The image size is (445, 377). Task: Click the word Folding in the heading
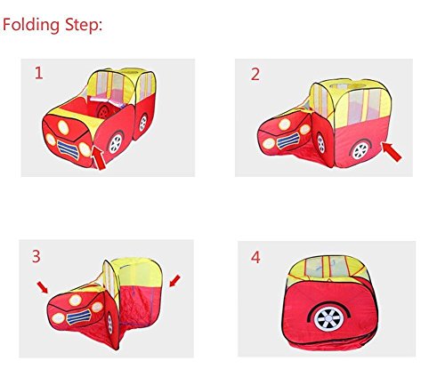[x=31, y=26]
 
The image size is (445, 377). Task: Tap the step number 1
[x=39, y=73]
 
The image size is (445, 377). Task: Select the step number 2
[x=255, y=74]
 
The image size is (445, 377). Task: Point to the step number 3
[x=36, y=256]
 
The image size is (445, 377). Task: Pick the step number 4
[x=255, y=257]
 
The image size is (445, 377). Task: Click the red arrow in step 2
[x=392, y=151]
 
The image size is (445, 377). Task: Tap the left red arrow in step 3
[x=43, y=287]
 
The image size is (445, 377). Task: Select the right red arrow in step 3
[x=174, y=281]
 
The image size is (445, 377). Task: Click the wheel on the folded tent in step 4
[x=329, y=318]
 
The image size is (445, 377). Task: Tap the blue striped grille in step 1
[x=69, y=148]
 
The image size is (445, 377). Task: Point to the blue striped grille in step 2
[x=288, y=140]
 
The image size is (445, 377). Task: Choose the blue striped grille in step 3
[x=79, y=317]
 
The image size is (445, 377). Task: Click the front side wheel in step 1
[x=116, y=144]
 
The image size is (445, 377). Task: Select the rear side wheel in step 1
[x=143, y=123]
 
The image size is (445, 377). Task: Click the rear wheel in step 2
[x=360, y=150]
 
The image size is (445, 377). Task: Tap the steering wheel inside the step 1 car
[x=103, y=111]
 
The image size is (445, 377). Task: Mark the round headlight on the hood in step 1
[x=63, y=127]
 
